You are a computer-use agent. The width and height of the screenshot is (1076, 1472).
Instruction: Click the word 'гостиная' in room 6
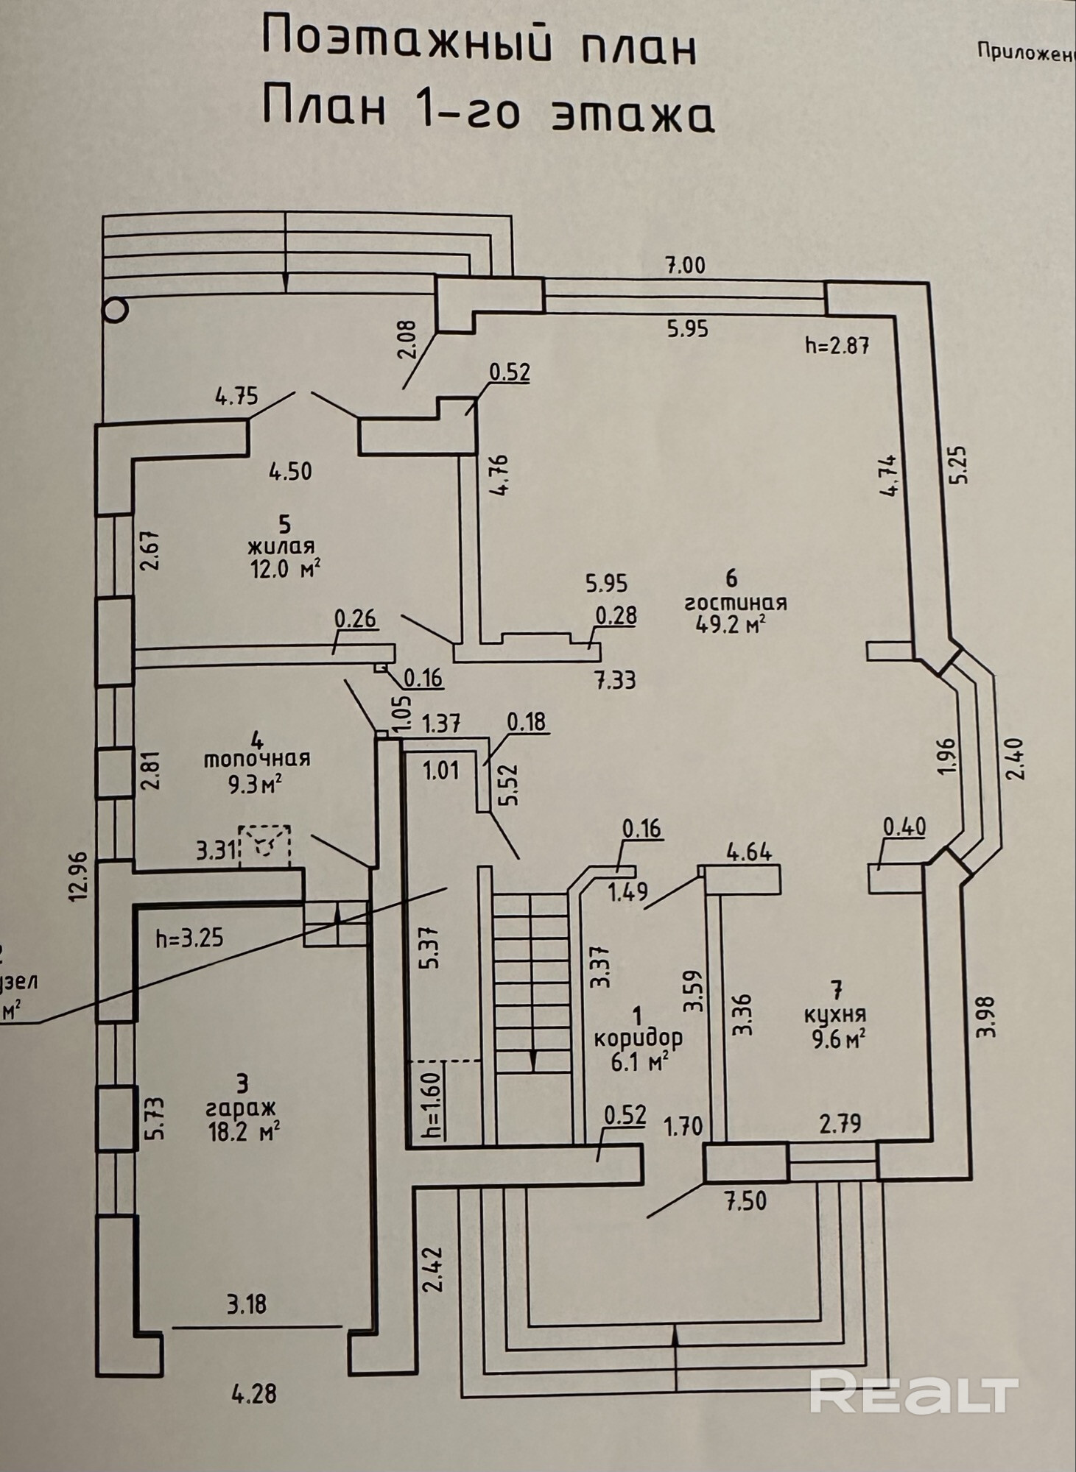[x=735, y=602]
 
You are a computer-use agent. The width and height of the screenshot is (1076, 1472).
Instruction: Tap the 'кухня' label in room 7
[x=834, y=1013]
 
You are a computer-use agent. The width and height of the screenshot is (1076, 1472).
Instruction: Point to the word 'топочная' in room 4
[x=257, y=758]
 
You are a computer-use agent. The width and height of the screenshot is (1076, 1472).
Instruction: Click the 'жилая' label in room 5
[x=281, y=546]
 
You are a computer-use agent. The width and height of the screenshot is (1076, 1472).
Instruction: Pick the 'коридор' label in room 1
[x=638, y=1038]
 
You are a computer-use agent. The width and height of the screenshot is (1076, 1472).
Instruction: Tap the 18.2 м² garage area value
[x=243, y=1131]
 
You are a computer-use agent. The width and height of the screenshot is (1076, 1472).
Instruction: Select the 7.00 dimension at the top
[x=685, y=265]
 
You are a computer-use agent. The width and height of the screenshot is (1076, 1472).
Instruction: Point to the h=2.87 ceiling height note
[x=837, y=344]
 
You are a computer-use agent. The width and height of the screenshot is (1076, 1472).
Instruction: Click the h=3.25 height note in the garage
[x=189, y=938]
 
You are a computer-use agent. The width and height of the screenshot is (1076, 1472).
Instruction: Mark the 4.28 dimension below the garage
[x=254, y=1394]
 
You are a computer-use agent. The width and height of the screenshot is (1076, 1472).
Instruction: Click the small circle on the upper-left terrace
[x=116, y=311]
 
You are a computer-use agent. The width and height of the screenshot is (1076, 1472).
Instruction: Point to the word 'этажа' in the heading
[x=633, y=115]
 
